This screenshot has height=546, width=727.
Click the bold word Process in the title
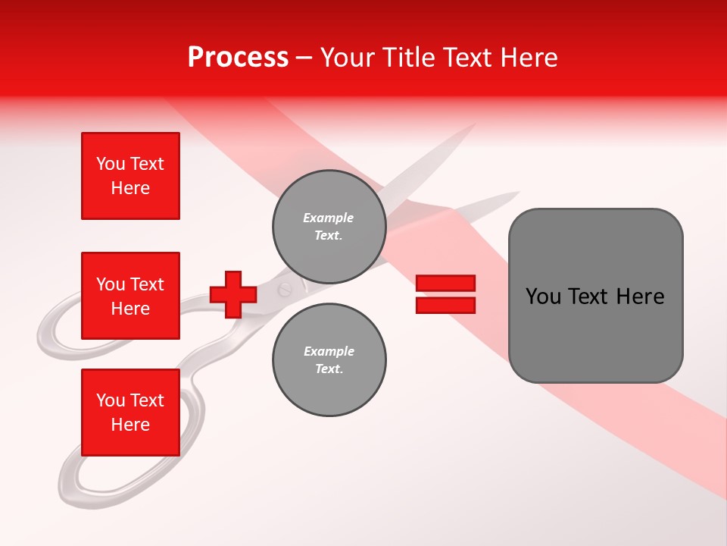point(238,57)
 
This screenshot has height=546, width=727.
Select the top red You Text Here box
point(130,176)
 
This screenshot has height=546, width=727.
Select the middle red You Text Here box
point(130,296)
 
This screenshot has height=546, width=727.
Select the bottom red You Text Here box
point(130,412)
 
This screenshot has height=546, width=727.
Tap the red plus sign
point(233,294)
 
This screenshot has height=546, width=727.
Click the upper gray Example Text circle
point(329,226)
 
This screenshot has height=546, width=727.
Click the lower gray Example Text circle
point(329,359)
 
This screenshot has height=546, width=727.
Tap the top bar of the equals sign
point(445,284)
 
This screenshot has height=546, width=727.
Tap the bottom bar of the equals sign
point(445,305)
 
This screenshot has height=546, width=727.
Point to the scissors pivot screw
point(285,289)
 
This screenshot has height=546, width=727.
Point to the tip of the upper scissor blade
point(473,126)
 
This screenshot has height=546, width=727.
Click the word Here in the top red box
point(130,188)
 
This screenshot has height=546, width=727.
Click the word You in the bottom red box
point(111,400)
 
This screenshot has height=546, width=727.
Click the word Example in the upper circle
point(329,218)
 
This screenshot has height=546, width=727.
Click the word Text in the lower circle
point(329,369)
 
